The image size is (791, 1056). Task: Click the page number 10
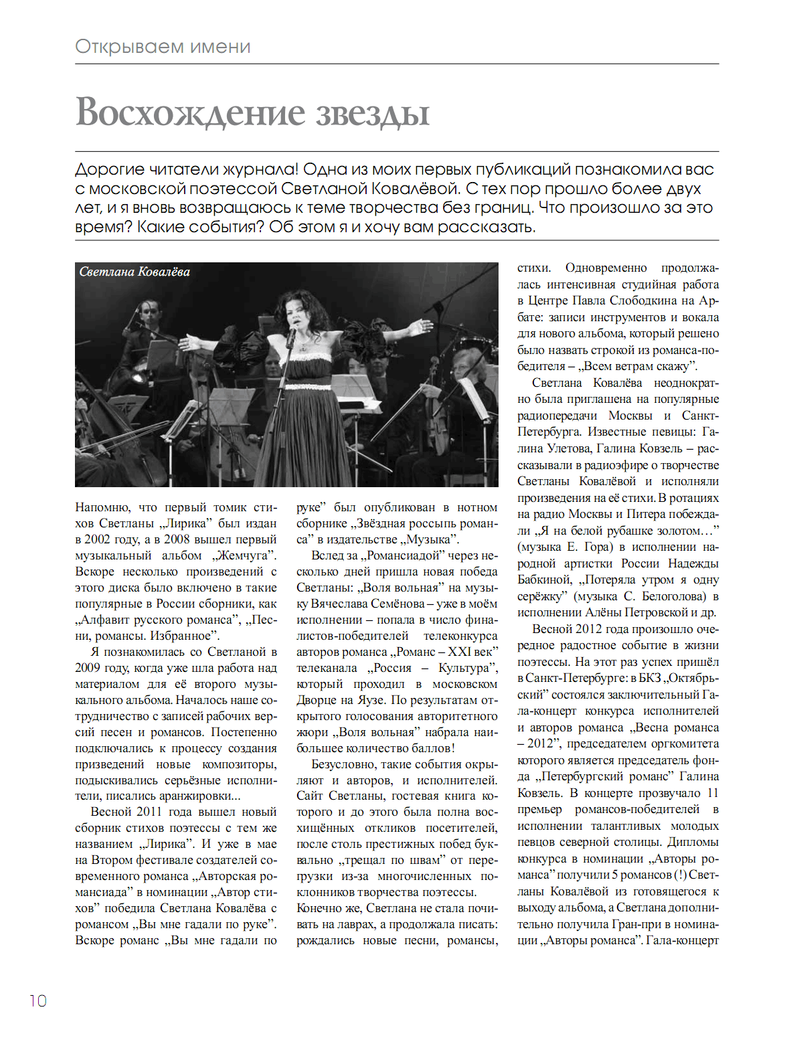coord(38,1000)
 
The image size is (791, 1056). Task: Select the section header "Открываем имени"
coord(163,47)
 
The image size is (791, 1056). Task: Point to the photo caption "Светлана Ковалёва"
coord(135,272)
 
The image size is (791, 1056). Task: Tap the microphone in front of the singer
coord(292,333)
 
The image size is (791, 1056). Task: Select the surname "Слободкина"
coord(642,300)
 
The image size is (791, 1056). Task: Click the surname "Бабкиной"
coord(543,580)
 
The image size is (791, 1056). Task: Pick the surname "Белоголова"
coord(671,596)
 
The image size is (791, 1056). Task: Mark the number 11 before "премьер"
coord(713,793)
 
